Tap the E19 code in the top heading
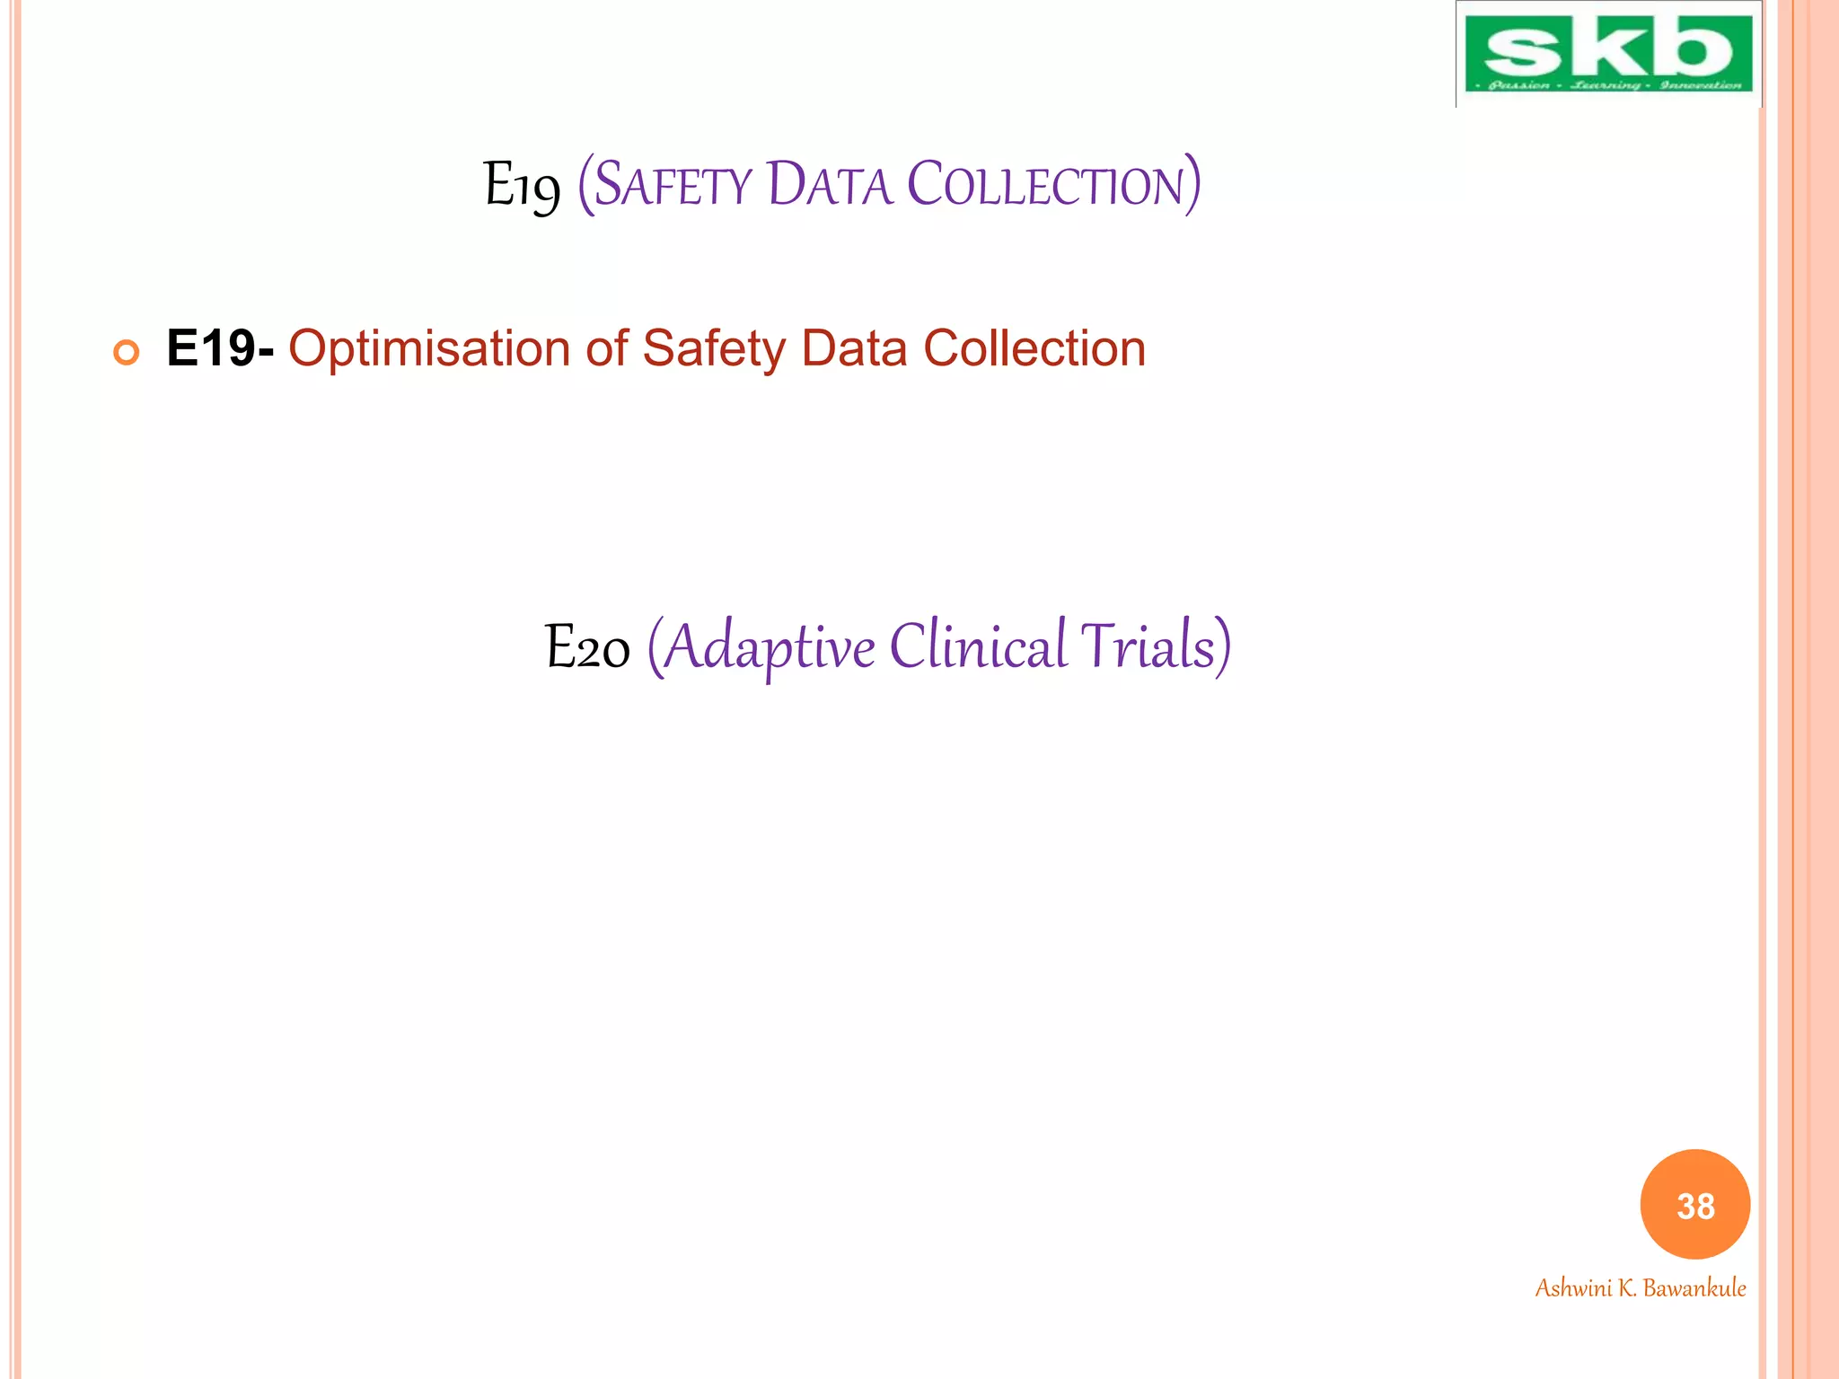[522, 187]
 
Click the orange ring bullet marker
[127, 353]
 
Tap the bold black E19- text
[220, 348]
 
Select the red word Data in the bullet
[854, 348]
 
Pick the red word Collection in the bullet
[1034, 348]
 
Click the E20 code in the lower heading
[587, 647]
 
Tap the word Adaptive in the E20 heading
[769, 647]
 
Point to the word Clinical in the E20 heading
[978, 646]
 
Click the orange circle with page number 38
[1695, 1205]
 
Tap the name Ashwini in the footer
[1573, 1288]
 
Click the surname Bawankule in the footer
[1694, 1288]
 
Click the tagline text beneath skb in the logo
[1608, 85]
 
